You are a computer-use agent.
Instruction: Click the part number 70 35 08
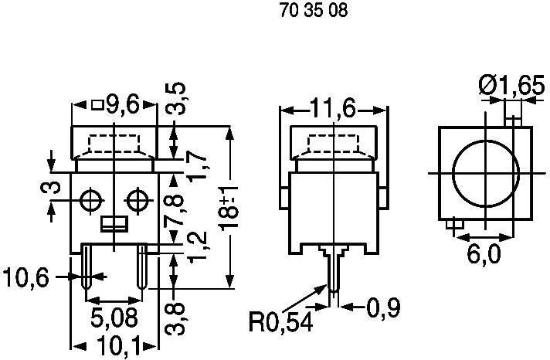(302, 12)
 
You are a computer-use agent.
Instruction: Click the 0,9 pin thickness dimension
(383, 308)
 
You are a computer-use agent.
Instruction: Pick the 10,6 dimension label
(26, 277)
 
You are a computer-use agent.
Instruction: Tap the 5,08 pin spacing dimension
(114, 317)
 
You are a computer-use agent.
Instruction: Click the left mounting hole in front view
(90, 200)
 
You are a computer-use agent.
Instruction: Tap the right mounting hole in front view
(138, 200)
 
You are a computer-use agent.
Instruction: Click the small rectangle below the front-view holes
(114, 224)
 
